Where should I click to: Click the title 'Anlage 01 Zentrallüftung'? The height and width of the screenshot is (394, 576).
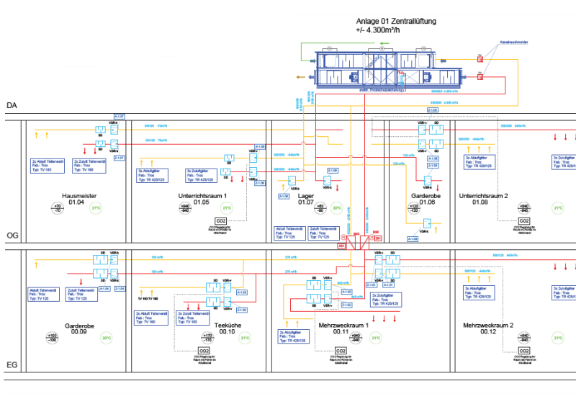pyautogui.click(x=396, y=22)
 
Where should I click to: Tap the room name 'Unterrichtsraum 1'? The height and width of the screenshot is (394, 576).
pyautogui.click(x=202, y=196)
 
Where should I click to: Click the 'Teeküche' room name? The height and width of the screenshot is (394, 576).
pyautogui.click(x=228, y=326)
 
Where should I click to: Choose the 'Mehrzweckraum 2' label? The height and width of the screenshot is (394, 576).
pyautogui.click(x=489, y=326)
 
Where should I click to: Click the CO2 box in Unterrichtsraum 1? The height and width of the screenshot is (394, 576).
pyautogui.click(x=221, y=220)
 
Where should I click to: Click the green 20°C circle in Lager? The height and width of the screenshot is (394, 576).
pyautogui.click(x=336, y=209)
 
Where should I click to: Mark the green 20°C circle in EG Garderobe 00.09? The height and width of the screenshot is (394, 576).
pyautogui.click(x=106, y=338)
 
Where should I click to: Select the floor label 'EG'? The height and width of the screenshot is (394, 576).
pyautogui.click(x=12, y=365)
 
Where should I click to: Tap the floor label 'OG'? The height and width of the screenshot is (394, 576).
pyautogui.click(x=12, y=235)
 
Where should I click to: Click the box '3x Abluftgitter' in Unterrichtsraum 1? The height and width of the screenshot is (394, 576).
pyautogui.click(x=152, y=174)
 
